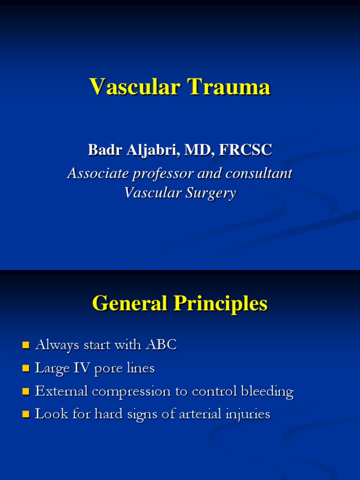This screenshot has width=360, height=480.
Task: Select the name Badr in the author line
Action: [x=101, y=150]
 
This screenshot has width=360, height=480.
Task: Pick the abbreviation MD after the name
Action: [x=193, y=150]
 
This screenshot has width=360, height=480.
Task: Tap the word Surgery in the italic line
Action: [x=211, y=193]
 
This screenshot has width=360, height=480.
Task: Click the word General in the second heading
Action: [x=129, y=303]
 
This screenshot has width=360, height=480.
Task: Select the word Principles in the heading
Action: [x=221, y=303]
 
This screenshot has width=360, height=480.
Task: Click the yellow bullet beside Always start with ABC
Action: [x=26, y=346]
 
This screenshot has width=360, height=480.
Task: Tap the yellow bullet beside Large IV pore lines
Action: [x=26, y=369]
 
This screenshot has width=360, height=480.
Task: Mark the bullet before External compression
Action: [x=26, y=391]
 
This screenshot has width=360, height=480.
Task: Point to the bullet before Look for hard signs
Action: [x=26, y=414]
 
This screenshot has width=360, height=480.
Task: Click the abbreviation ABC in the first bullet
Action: [x=162, y=345]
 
